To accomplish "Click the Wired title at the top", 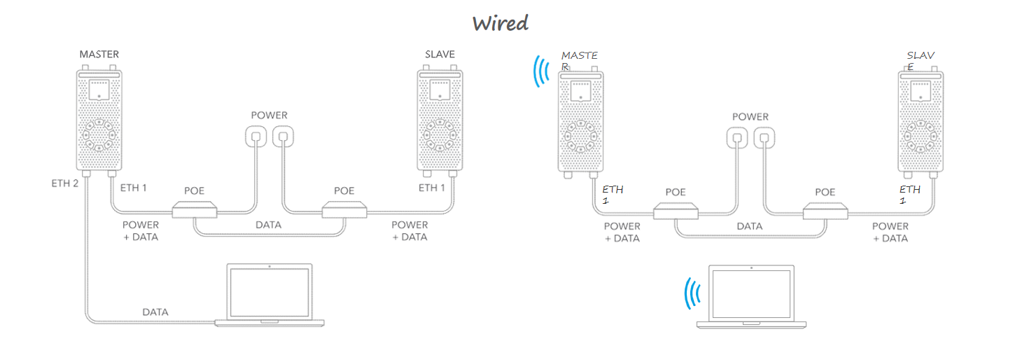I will [500, 23].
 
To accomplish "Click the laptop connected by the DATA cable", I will [270, 295].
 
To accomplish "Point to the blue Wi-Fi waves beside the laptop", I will [693, 293].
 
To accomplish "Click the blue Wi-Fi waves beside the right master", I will [540, 71].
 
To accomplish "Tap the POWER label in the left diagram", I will [270, 115].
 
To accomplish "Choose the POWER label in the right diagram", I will [750, 116].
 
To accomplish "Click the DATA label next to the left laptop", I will [155, 312].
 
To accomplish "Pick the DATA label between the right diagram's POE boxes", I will [749, 226].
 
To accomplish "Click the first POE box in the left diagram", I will [194, 209].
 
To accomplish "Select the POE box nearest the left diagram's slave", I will [344, 209].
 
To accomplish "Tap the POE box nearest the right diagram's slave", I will [825, 210].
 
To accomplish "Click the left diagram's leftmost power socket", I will [256, 135].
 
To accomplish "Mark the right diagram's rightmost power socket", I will [765, 137].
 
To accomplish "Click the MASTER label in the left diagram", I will [99, 54].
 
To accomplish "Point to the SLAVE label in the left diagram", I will [440, 54].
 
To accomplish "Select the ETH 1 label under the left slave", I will [432, 188].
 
